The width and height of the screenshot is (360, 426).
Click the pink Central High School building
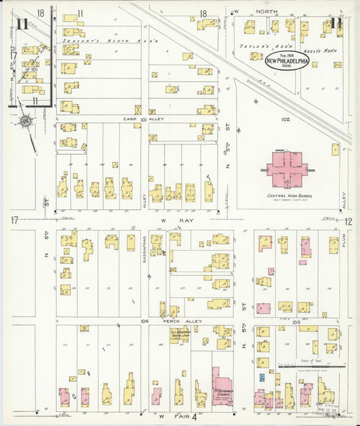click(287, 168)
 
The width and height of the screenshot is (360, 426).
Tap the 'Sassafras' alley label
click(145, 248)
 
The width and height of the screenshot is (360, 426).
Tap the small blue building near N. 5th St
click(261, 377)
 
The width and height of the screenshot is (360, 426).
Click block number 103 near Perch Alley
click(294, 323)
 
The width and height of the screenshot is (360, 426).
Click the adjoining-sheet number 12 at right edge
click(349, 221)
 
